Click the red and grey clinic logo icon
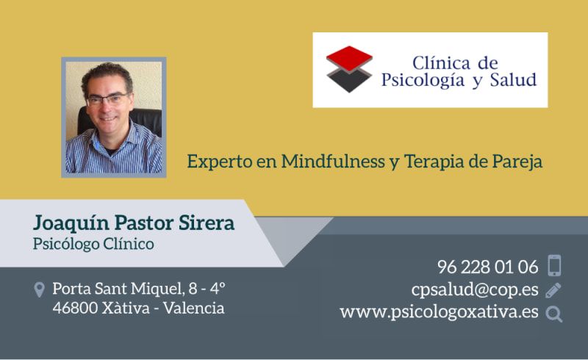(x=350, y=69)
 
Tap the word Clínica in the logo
(x=440, y=63)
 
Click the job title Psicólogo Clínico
(x=93, y=244)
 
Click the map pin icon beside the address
(x=40, y=289)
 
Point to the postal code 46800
(x=76, y=308)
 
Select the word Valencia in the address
(x=194, y=308)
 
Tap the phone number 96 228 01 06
(x=487, y=267)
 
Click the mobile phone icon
(x=554, y=266)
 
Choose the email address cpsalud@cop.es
(x=476, y=289)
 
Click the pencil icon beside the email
(x=554, y=289)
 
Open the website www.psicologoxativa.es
(x=439, y=312)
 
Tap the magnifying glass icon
(x=554, y=314)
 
